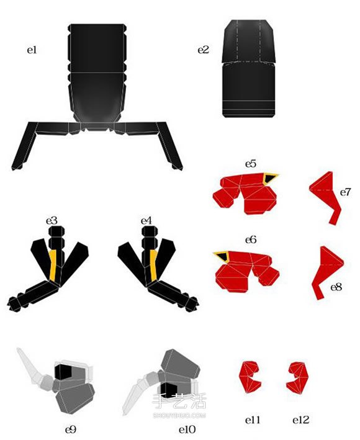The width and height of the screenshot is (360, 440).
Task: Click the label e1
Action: [x=32, y=50]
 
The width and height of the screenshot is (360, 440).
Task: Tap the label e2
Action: [x=203, y=50]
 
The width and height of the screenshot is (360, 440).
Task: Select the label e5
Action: [x=251, y=164]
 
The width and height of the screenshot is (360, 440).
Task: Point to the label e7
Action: [x=345, y=192]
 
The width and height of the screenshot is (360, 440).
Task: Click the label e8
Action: [x=336, y=287]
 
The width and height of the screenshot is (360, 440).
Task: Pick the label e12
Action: [x=300, y=420]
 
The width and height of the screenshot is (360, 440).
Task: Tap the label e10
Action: [x=187, y=429]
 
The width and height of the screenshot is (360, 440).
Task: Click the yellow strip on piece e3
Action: [x=53, y=266]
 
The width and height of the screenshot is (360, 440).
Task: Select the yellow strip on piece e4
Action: [x=153, y=266]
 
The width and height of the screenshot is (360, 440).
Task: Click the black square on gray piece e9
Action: [x=63, y=372]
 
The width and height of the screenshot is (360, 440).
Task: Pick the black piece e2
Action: [x=249, y=68]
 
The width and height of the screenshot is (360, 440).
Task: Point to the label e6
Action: [x=251, y=240]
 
